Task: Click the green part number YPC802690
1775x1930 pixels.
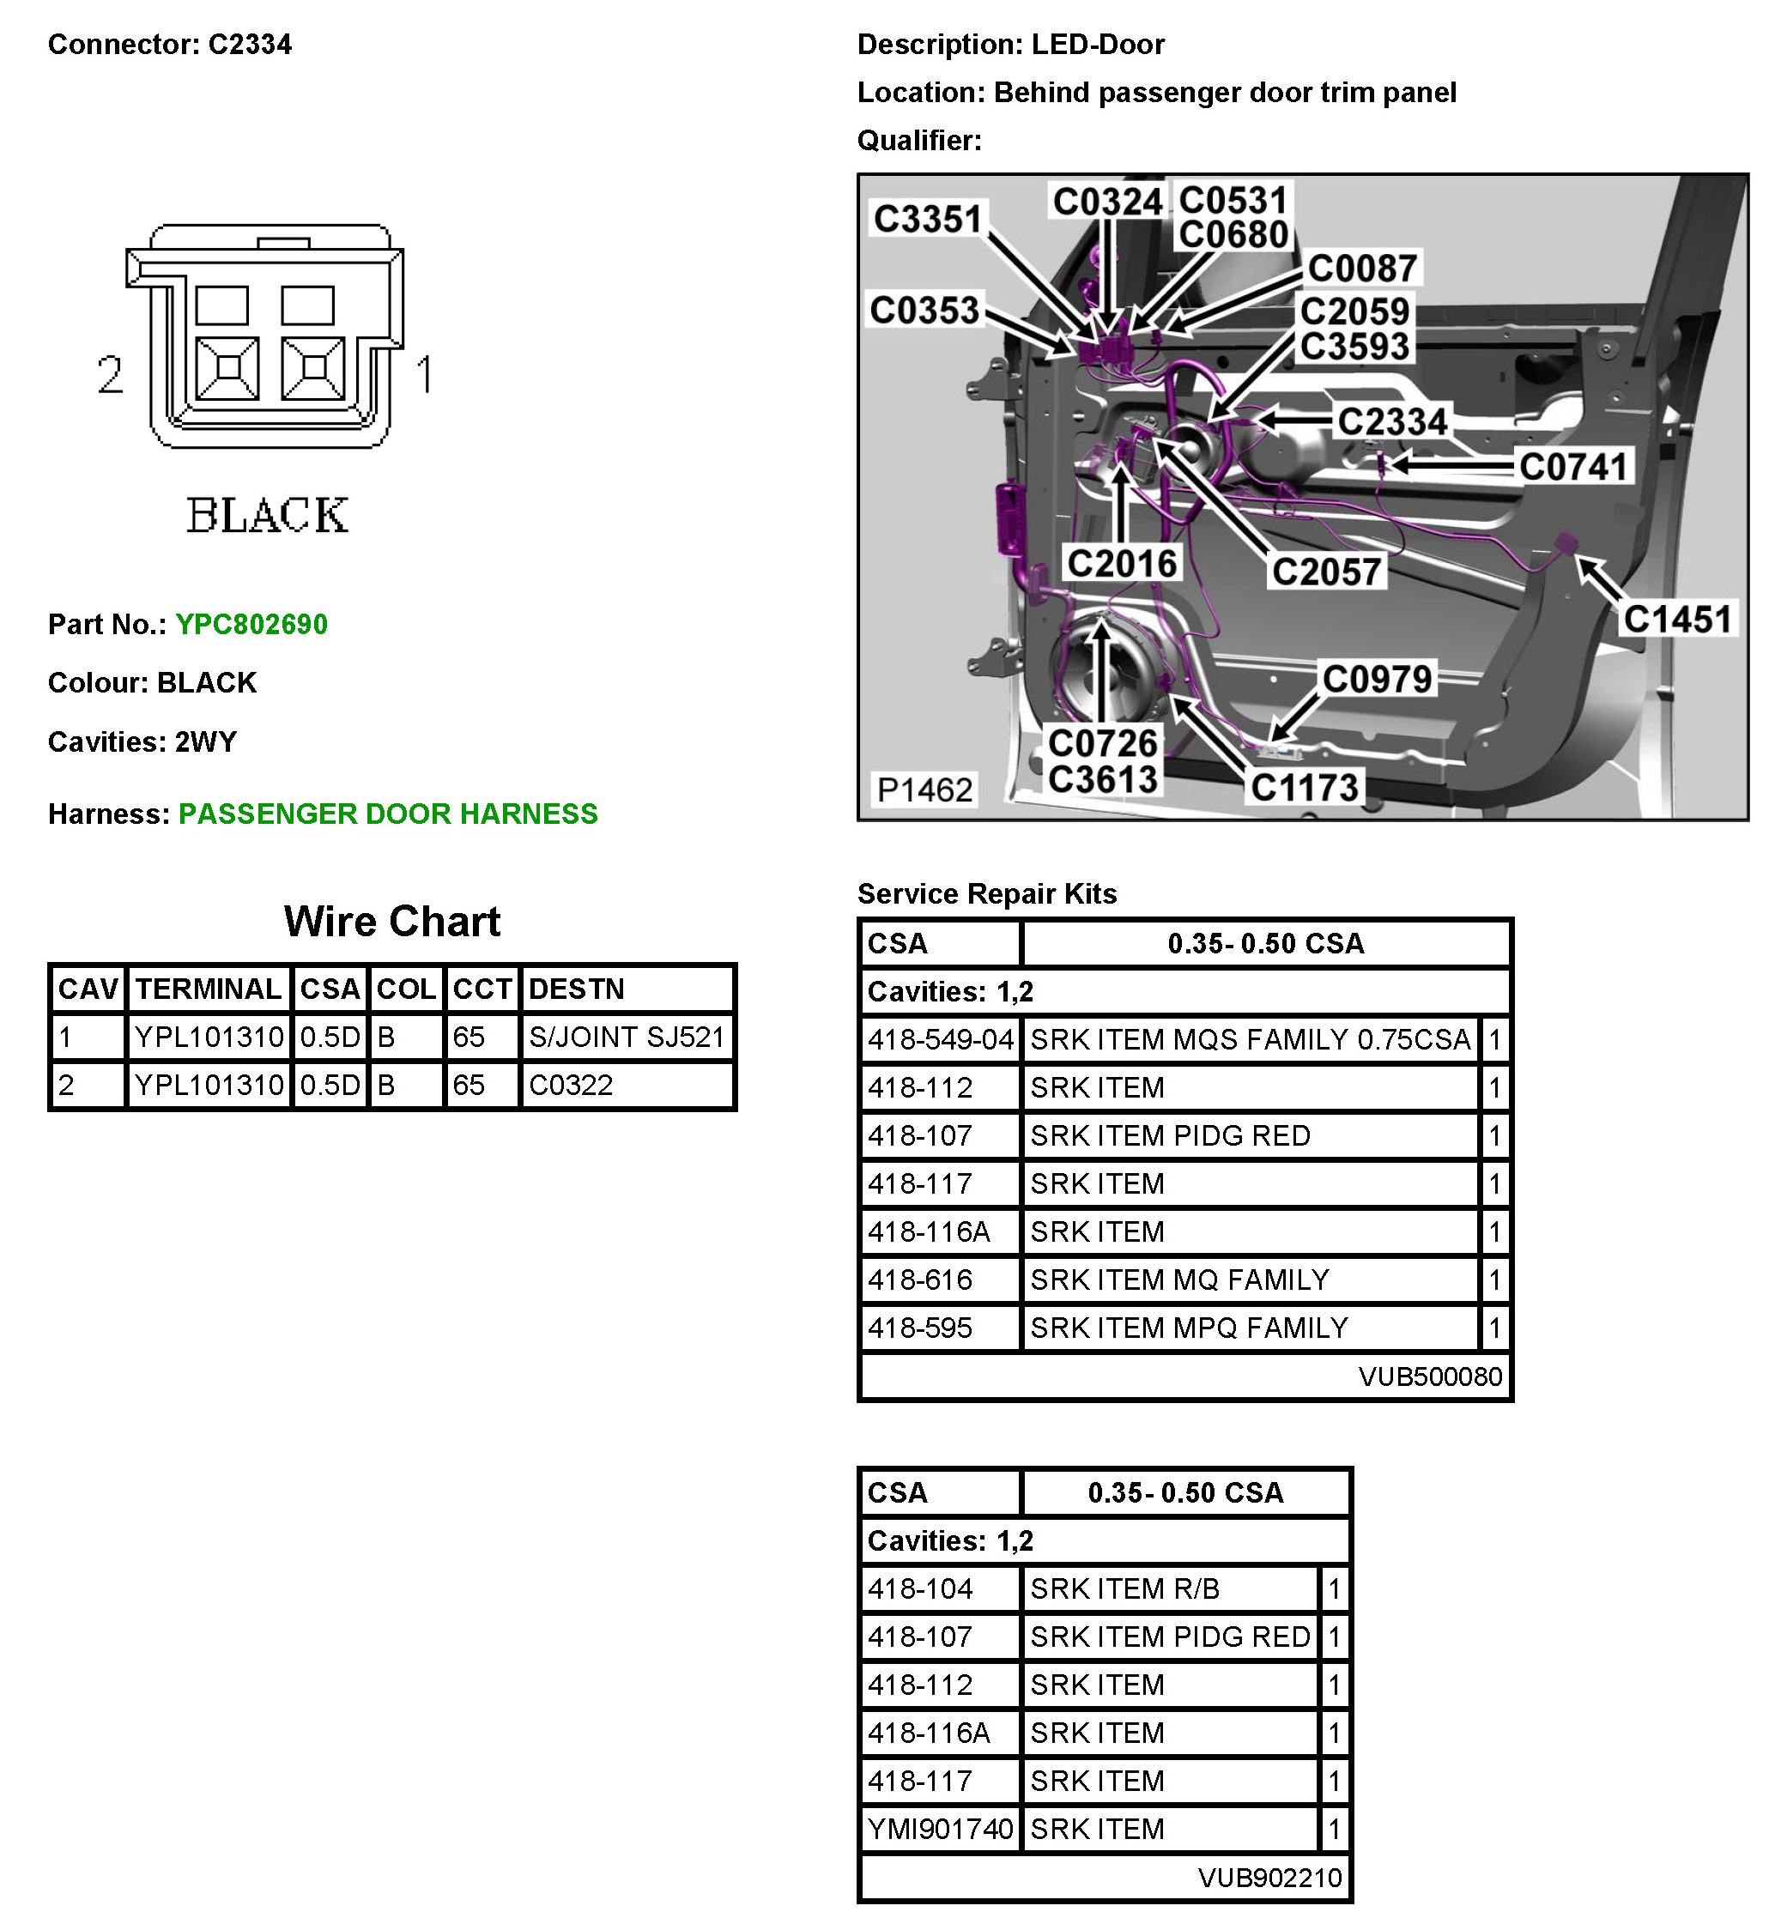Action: [x=251, y=625]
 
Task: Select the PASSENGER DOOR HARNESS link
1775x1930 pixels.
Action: [x=388, y=814]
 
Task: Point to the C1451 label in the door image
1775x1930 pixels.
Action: [x=1677, y=620]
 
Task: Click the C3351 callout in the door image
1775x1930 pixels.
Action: [x=927, y=219]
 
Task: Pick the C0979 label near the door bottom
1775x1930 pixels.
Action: [x=1377, y=679]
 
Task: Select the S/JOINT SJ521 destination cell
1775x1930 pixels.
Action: [x=627, y=1037]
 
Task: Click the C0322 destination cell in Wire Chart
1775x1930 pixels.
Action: [x=571, y=1085]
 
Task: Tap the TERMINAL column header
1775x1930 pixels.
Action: [x=209, y=989]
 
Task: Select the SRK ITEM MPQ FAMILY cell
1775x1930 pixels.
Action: [x=1189, y=1328]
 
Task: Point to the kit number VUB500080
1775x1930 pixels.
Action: [x=1429, y=1377]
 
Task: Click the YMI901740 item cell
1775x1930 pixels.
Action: [x=939, y=1830]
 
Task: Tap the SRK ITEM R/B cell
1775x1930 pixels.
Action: [x=1124, y=1589]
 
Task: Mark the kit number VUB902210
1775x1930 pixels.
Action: [x=1269, y=1879]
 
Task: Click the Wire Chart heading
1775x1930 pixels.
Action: [x=392, y=922]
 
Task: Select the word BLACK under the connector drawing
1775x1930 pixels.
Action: [x=267, y=516]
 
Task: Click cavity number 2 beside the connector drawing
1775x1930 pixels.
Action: [x=111, y=374]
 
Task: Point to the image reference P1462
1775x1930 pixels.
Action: [x=925, y=790]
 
